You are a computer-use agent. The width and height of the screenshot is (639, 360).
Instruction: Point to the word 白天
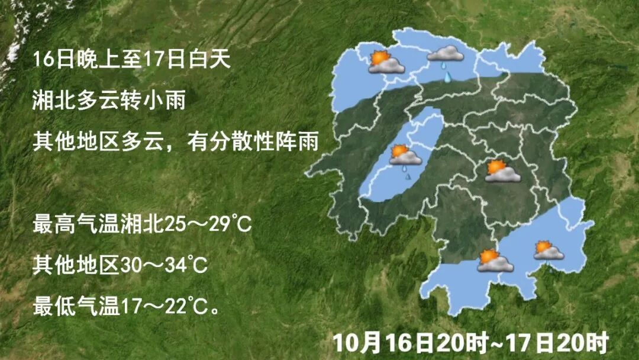(208, 60)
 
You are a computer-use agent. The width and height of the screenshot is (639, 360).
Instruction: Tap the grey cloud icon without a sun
(445, 54)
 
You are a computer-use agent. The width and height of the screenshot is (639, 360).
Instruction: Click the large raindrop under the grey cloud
(448, 76)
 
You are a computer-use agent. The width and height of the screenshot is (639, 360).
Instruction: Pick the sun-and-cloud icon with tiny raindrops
(405, 157)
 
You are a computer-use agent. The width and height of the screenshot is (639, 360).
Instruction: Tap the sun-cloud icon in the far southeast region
(548, 250)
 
